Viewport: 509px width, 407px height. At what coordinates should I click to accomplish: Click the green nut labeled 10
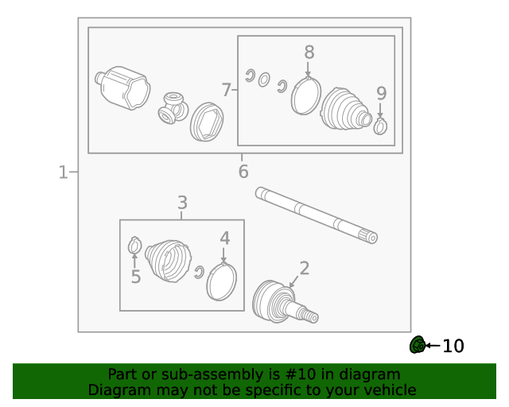[418, 345]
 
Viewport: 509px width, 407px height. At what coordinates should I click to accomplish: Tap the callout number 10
[453, 346]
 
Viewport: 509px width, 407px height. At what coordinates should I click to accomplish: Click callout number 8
[309, 52]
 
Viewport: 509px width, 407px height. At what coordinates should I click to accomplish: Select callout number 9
[382, 94]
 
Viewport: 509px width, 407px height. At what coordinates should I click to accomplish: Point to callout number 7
[226, 90]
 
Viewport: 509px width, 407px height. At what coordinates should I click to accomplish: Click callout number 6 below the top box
[243, 172]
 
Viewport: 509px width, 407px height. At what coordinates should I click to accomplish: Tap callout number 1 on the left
[64, 172]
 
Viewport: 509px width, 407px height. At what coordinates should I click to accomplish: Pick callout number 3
[182, 203]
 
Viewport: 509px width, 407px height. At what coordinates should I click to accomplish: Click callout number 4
[225, 238]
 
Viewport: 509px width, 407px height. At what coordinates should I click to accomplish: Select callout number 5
[136, 277]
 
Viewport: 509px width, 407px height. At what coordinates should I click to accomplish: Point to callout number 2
[305, 268]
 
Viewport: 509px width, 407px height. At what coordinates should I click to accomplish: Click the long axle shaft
[317, 215]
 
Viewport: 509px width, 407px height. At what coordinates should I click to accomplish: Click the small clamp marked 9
[380, 126]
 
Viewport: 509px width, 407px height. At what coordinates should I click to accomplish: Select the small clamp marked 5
[134, 246]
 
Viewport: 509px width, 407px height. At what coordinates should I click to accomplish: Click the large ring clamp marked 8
[305, 95]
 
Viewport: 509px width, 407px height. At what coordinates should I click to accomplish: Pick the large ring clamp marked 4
[221, 281]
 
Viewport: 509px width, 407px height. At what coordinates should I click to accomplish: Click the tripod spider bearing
[173, 108]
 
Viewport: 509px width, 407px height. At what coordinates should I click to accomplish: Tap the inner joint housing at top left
[122, 87]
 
